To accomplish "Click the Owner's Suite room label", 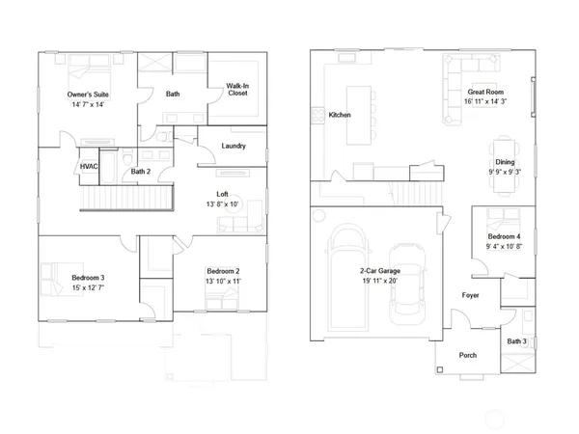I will pos(87,95).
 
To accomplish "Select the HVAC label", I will pos(89,167).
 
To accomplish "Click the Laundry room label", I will pos(233,147).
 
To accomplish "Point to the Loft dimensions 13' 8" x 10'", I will pos(222,204).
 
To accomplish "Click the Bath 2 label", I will pos(141,172).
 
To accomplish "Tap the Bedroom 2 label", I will pos(223,272).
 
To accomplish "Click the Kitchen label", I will pos(340,115).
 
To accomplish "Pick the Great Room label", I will pos(485,92).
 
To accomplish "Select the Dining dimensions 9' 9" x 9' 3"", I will pos(505,172).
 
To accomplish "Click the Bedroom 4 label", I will pos(504,236).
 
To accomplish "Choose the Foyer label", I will pos(471,295).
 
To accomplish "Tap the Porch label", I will pos(467,355).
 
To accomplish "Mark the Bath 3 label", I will pos(517,341).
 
